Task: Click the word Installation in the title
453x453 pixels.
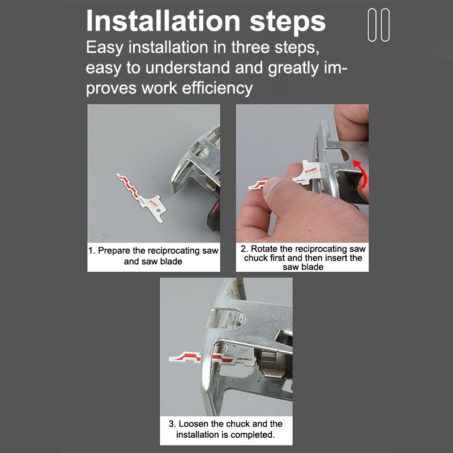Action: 163,21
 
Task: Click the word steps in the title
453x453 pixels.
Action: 288,22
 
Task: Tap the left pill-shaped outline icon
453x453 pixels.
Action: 372,25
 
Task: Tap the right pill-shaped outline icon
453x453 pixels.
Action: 386,25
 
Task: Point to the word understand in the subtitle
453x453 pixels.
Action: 188,67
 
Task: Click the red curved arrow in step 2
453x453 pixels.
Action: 361,173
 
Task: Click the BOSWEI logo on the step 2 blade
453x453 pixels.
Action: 310,170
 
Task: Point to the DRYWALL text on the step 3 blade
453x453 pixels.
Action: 245,359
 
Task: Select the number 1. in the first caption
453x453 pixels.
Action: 92,250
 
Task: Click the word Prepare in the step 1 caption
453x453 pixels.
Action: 114,251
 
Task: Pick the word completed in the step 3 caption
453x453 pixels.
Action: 253,434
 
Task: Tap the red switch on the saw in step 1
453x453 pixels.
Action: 215,208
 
